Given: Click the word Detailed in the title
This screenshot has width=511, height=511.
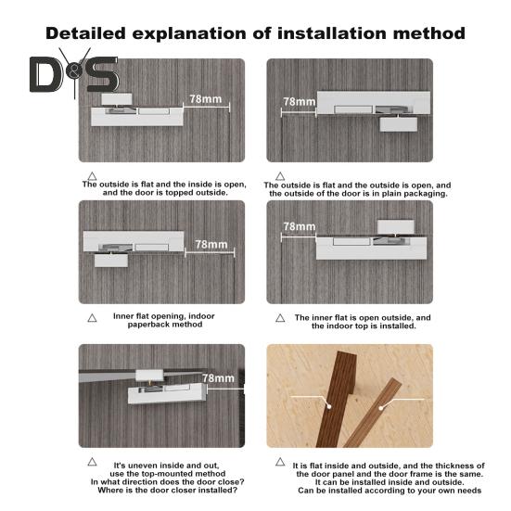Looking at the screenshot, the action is point(85,33).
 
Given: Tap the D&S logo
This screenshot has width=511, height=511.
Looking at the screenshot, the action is point(74,73).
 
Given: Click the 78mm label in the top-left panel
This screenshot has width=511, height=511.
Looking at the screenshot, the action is point(206,98).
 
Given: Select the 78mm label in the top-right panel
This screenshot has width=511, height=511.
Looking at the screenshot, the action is point(300,101).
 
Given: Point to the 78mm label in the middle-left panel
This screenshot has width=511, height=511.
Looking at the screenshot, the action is point(211,244).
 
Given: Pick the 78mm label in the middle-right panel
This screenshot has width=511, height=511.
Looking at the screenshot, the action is point(300,226).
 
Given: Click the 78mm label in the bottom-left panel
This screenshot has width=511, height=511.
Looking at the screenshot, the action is point(218,378).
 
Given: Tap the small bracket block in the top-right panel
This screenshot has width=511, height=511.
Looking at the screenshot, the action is point(399,124).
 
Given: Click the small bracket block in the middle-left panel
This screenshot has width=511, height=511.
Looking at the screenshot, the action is point(111,261).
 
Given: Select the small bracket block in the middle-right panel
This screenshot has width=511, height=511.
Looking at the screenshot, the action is point(396,227).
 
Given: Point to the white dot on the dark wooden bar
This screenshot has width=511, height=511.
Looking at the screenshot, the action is point(329,406).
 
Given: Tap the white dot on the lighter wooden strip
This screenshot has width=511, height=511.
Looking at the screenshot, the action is point(380,408).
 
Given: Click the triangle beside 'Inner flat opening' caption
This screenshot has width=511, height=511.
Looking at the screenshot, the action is point(92,318).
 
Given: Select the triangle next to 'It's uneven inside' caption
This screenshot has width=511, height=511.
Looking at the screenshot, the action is point(92,462).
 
